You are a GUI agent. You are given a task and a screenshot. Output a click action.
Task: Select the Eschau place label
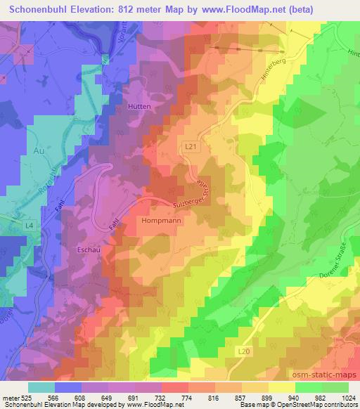pos(89,249)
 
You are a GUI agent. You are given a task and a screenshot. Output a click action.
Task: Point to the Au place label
pos(38,150)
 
